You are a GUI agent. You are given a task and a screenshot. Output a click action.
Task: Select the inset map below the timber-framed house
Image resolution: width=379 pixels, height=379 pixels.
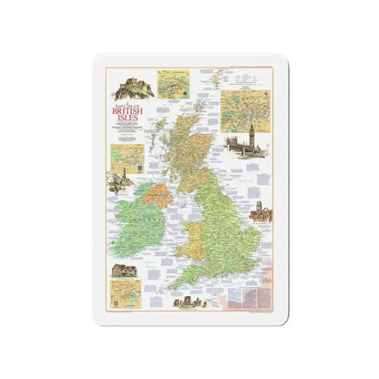(x=122, y=293)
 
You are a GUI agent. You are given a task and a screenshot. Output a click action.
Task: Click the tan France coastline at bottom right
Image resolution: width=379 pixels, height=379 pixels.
(x=255, y=292)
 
